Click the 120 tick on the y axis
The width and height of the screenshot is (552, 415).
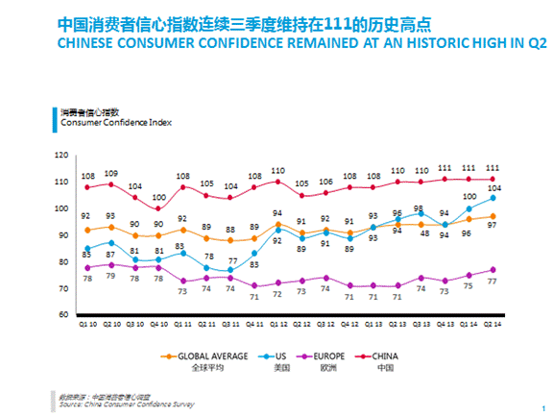tap(62, 155)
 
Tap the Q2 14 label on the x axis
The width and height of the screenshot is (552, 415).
tap(492, 325)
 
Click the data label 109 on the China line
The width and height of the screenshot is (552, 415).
tap(111, 173)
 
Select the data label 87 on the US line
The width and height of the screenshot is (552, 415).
tap(111, 254)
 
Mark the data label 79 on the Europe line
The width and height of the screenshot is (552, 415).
tap(111, 277)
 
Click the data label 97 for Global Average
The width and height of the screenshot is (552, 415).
tap(492, 225)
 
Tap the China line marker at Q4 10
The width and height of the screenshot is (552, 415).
tap(159, 208)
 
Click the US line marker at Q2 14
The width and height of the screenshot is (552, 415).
tap(492, 197)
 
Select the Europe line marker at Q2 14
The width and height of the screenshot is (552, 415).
tap(492, 269)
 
